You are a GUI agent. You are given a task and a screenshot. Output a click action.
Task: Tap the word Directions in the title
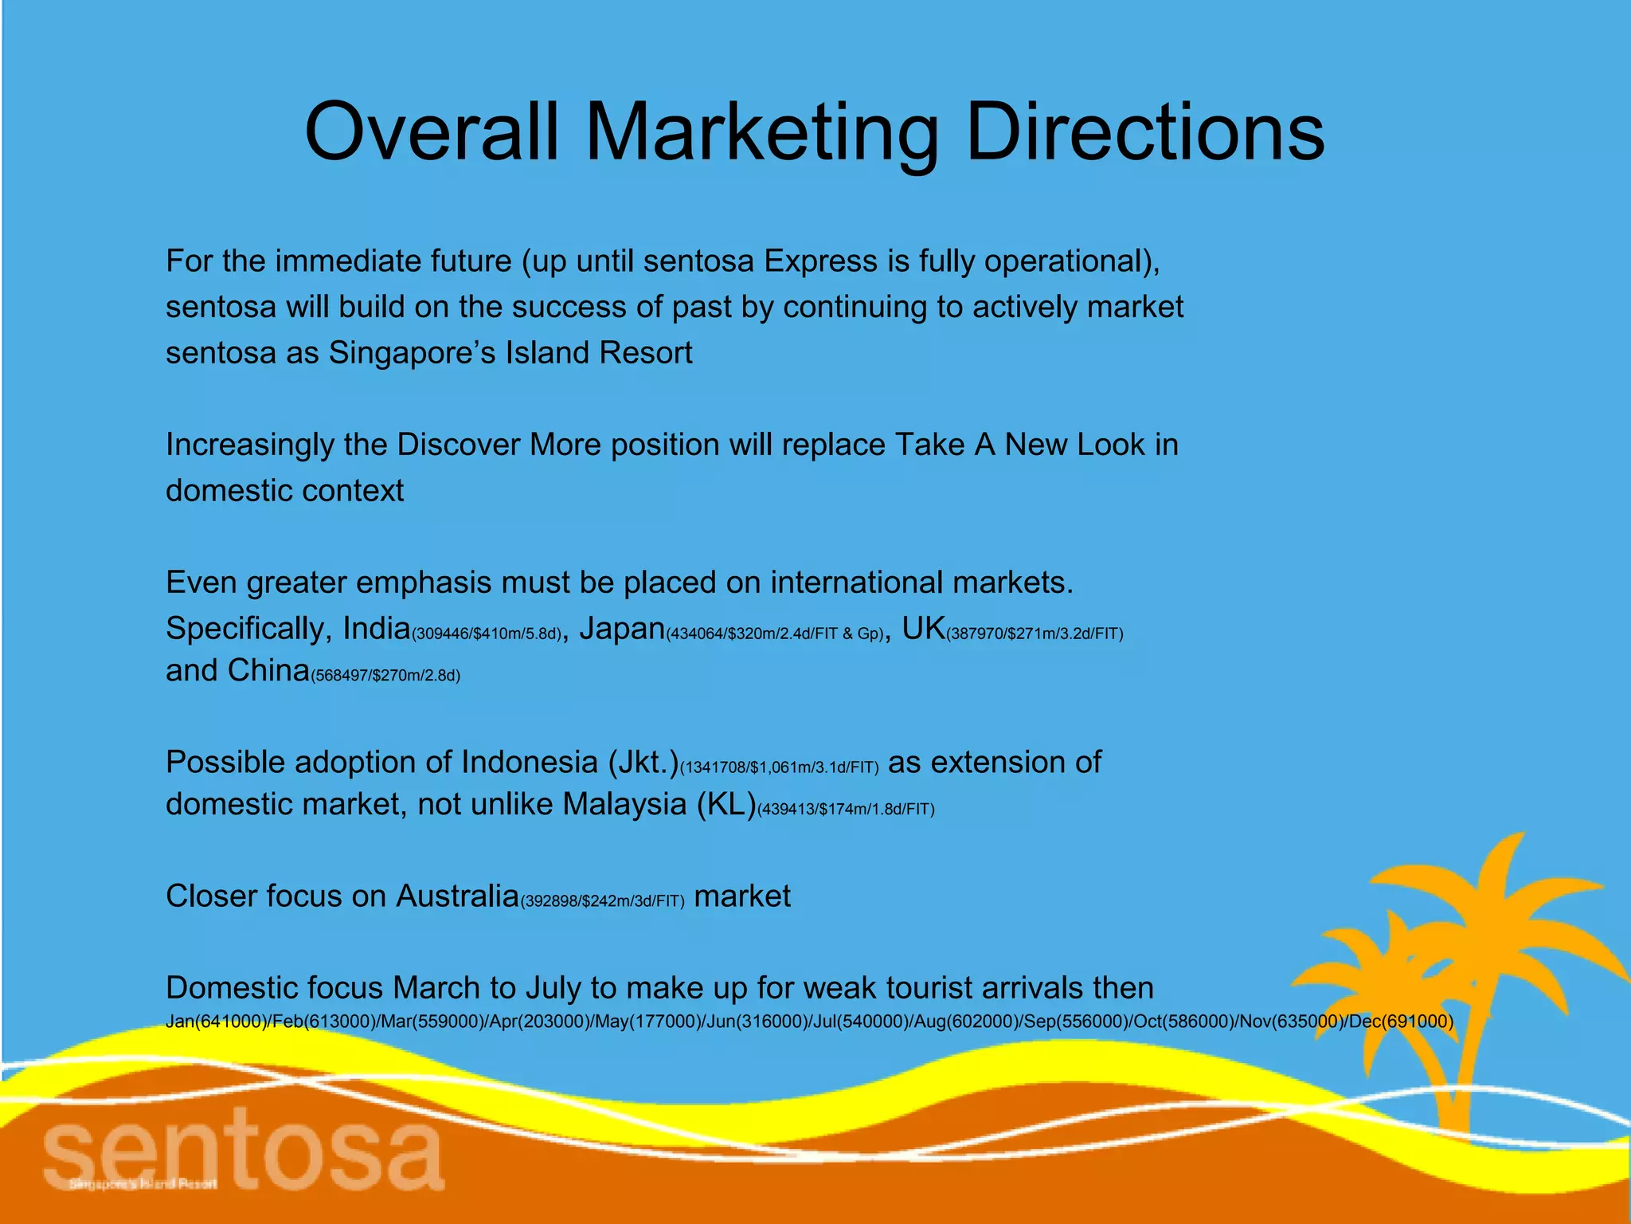pos(1144,131)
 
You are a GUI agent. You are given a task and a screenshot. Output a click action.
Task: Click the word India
pos(376,629)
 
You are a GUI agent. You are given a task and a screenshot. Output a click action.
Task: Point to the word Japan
pos(622,629)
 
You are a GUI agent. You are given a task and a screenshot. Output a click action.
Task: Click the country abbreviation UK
pos(923,629)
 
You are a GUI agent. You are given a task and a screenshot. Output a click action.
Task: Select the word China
pos(268,671)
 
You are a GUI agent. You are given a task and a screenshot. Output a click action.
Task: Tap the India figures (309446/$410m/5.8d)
pos(487,634)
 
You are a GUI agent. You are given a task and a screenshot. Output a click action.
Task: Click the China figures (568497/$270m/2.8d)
pos(385,676)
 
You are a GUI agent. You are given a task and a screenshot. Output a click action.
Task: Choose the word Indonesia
pos(529,763)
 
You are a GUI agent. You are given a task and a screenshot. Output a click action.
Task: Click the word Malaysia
pos(624,804)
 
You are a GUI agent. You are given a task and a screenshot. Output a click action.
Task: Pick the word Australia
pos(458,896)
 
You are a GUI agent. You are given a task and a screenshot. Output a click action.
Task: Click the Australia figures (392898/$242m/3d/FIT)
pos(602,901)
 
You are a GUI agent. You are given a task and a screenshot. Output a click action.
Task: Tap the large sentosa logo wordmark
pos(243,1152)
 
